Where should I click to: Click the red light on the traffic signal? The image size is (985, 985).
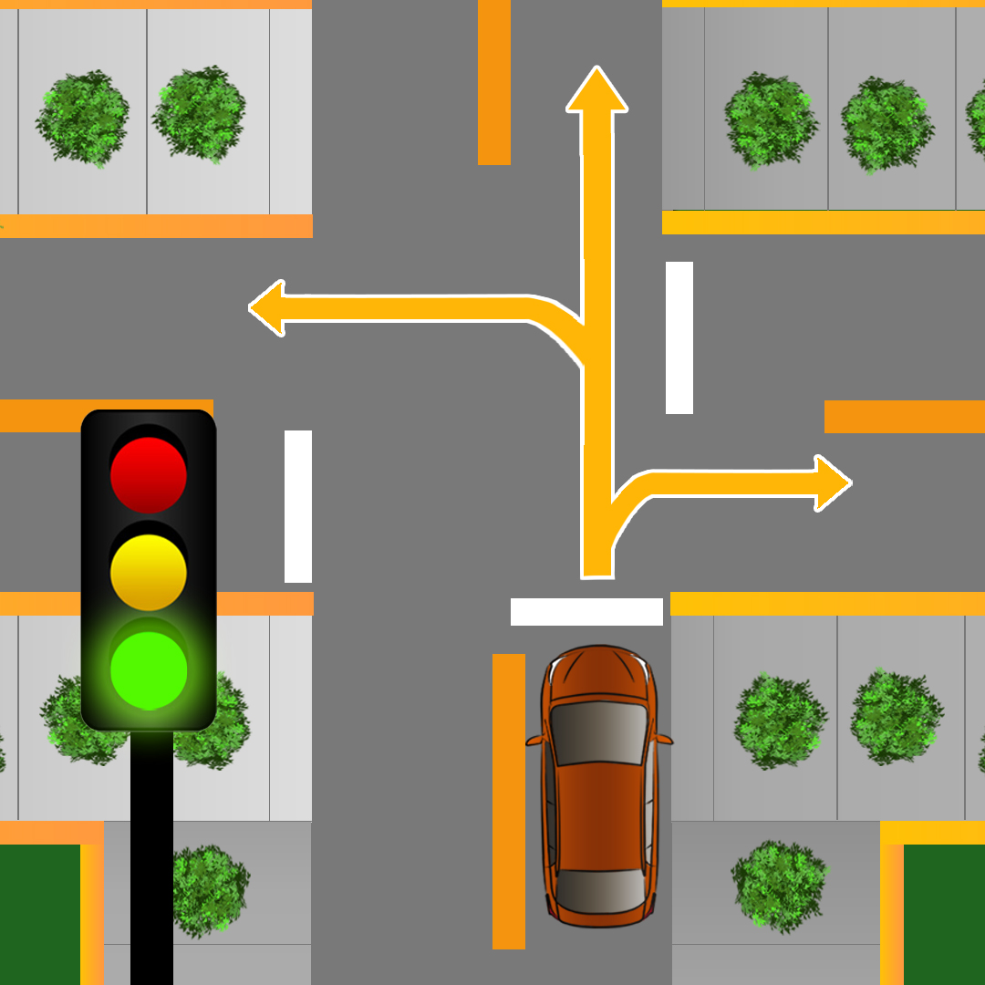149,474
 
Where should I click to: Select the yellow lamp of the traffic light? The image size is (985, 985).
149,572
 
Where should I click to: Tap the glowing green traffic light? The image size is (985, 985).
149,669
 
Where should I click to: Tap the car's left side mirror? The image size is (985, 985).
534,740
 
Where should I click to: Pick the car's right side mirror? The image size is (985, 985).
664,738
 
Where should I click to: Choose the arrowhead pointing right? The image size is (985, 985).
833,483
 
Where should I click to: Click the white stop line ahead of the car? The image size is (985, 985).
586,612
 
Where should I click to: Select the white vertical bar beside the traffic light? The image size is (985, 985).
298,506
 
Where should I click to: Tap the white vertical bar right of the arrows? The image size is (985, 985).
679,337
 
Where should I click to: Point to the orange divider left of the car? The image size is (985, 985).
509,801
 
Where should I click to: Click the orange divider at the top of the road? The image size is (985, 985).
494,82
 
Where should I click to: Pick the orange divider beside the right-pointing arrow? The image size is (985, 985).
904,417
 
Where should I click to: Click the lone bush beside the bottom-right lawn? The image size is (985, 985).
778,886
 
